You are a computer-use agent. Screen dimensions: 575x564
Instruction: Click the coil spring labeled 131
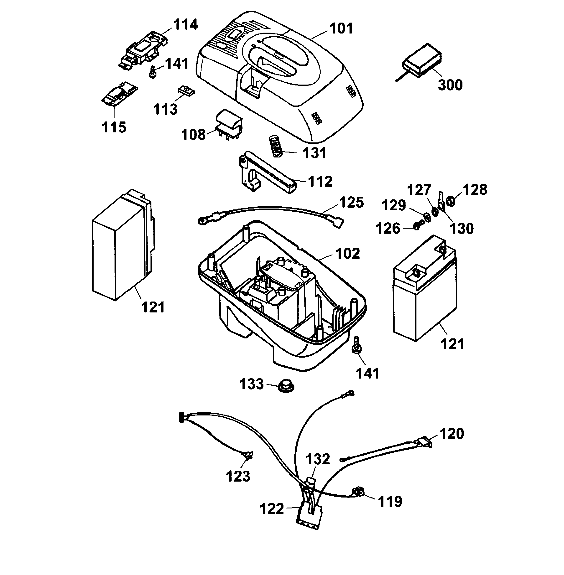tap(276, 147)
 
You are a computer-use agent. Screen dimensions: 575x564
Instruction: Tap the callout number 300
tap(450, 85)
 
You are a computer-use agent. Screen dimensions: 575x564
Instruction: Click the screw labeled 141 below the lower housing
tap(356, 346)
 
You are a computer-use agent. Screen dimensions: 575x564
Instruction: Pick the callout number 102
tap(347, 254)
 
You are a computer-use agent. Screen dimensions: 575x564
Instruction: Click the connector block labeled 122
tap(309, 515)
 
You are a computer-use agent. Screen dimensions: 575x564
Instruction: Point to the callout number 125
tap(351, 203)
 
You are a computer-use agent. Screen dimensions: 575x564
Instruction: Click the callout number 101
tap(341, 29)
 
